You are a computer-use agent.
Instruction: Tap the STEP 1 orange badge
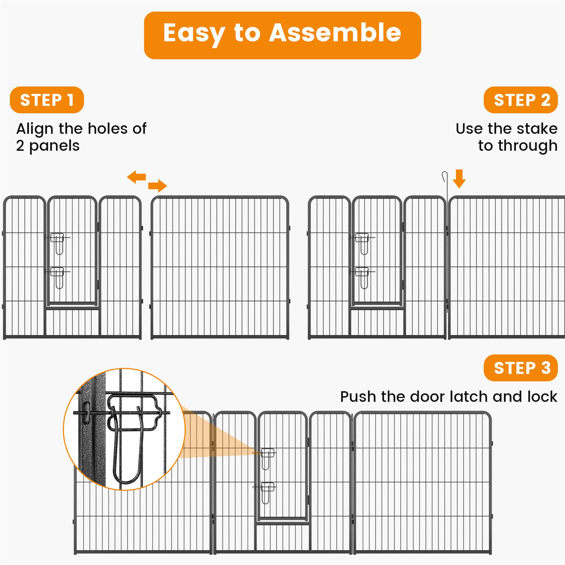[x=47, y=100]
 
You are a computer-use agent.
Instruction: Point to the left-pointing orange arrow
[x=136, y=177]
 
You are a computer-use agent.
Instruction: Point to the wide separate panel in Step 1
[x=220, y=268]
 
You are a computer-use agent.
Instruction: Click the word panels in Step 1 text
[x=55, y=146]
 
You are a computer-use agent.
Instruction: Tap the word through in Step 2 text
[x=527, y=146]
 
